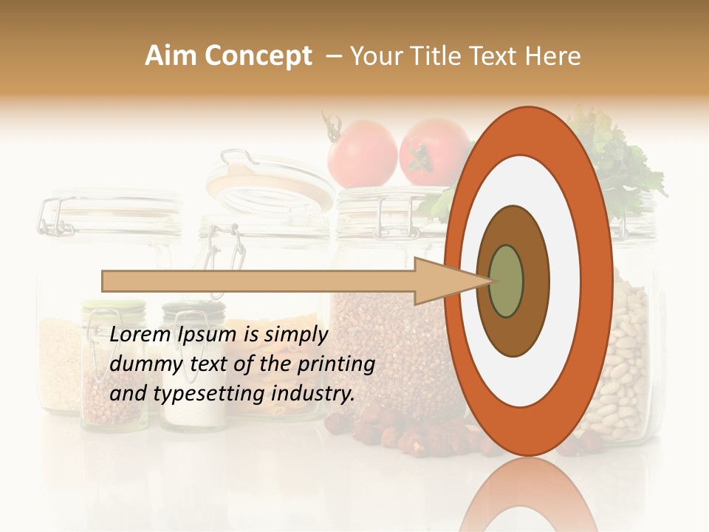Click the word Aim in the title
pos(171,56)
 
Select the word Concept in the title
pos(258,56)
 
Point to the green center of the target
pos(506,281)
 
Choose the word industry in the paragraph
pos(311,394)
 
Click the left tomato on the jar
pos(362,153)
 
